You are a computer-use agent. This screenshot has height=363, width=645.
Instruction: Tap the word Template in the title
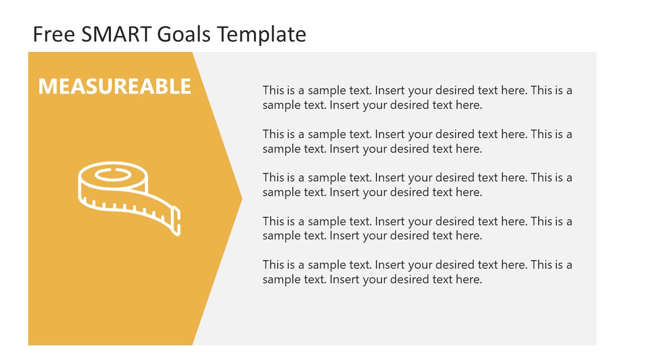[x=262, y=34]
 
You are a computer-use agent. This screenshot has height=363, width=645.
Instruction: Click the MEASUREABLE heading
[x=115, y=86]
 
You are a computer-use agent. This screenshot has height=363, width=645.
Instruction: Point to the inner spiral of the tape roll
[x=113, y=175]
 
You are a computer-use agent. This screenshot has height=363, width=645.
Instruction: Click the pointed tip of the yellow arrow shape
[x=241, y=199]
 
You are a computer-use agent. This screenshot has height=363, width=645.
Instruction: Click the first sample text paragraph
[x=417, y=98]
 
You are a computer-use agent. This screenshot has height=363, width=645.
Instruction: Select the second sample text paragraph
[x=417, y=141]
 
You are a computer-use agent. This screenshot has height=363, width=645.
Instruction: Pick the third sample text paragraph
[x=417, y=185]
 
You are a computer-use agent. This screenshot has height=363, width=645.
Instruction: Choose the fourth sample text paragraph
[x=417, y=228]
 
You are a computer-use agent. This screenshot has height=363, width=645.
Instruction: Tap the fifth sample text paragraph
[x=417, y=272]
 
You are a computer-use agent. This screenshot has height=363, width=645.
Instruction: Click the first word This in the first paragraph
[x=273, y=91]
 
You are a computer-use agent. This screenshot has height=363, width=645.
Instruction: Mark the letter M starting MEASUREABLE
[x=47, y=86]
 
